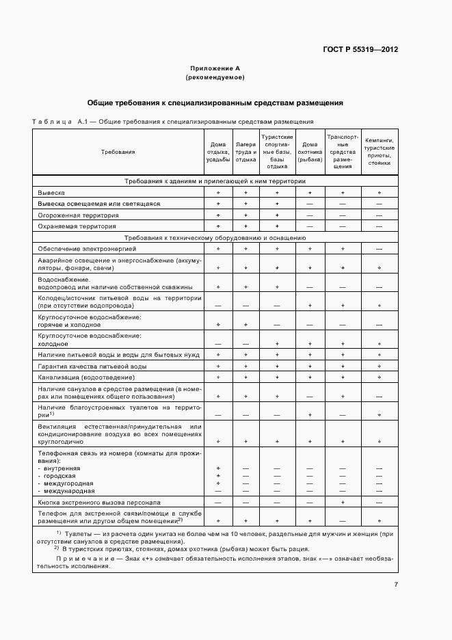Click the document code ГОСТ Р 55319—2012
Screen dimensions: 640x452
[360, 50]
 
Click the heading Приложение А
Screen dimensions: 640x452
[215, 68]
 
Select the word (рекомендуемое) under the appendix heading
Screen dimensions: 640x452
[215, 77]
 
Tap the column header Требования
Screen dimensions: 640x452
[118, 152]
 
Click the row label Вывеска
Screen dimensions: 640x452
[52, 194]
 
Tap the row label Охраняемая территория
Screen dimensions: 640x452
[77, 226]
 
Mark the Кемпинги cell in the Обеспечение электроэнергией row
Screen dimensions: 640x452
[378, 249]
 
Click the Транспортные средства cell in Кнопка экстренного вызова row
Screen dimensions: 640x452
[343, 502]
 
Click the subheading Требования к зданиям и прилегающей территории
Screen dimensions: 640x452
[215, 181]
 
